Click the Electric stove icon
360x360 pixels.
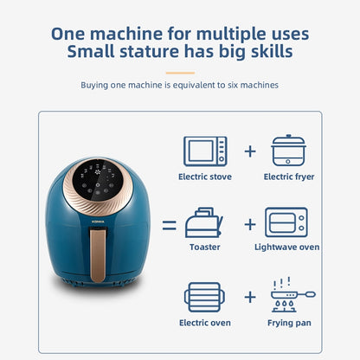click(x=205, y=151)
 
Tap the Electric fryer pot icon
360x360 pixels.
click(x=288, y=151)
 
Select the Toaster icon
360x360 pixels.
click(x=204, y=222)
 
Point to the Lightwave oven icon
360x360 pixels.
click(x=286, y=222)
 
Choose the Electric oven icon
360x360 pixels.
click(x=204, y=297)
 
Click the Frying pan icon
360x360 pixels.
click(x=292, y=295)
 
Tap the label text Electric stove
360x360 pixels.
click(x=205, y=177)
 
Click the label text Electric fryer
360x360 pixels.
click(x=289, y=177)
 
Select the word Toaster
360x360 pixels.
click(x=205, y=247)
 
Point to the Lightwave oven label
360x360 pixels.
click(x=286, y=247)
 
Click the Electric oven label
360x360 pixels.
click(x=205, y=323)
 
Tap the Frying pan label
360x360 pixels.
click(x=289, y=323)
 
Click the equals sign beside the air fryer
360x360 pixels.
click(x=170, y=225)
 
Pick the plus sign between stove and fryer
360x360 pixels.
click(x=250, y=151)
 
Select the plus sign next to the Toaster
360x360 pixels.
click(x=250, y=224)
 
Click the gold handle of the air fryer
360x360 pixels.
click(x=98, y=255)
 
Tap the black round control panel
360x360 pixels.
click(x=98, y=180)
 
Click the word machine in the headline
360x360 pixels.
click(x=126, y=34)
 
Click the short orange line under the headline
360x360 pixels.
click(x=180, y=73)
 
